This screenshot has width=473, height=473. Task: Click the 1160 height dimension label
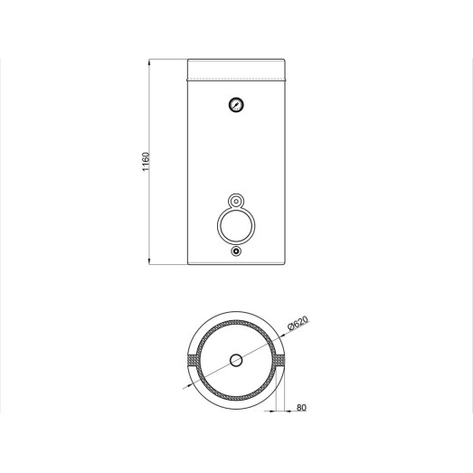click(x=146, y=162)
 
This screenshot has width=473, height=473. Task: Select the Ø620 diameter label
click(x=298, y=324)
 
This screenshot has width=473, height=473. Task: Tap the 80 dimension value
click(x=301, y=408)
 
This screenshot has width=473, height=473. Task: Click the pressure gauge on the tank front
click(x=236, y=105)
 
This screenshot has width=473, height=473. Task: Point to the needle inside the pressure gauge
click(x=237, y=104)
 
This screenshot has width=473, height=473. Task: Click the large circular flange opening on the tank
click(x=236, y=225)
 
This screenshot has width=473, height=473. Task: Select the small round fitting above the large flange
click(x=236, y=201)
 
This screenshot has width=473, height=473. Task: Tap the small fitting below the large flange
click(x=236, y=251)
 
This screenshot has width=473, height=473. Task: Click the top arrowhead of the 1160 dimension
click(x=149, y=62)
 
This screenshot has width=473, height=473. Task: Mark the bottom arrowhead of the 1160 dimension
click(x=149, y=261)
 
